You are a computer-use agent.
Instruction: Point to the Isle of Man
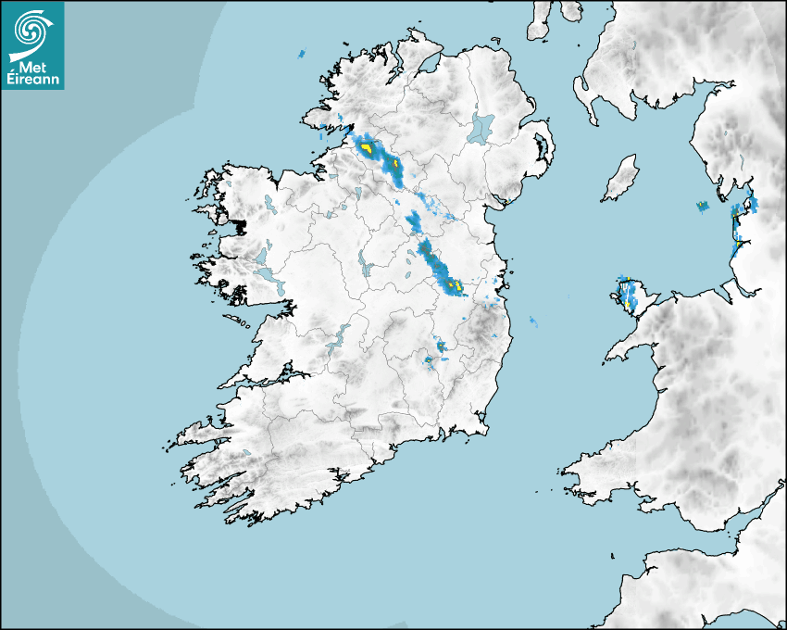pyautogui.click(x=621, y=178)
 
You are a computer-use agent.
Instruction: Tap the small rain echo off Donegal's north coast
pyautogui.click(x=301, y=55)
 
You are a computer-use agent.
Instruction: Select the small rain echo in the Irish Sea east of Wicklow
pyautogui.click(x=532, y=321)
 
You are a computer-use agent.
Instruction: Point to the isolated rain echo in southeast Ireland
pyautogui.click(x=441, y=346)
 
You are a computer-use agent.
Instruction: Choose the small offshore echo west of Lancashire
pyautogui.click(x=702, y=206)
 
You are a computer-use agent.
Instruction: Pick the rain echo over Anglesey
pyautogui.click(x=629, y=293)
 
